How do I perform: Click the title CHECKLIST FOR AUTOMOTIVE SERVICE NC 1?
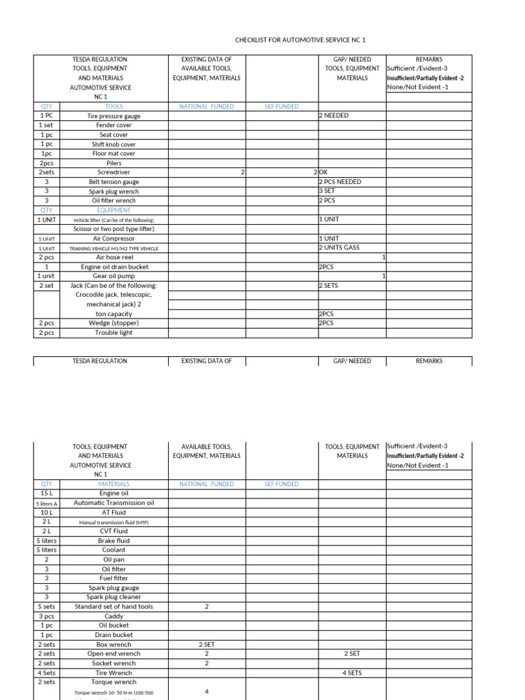pos(300,40)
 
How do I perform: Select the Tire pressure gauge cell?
pos(113,116)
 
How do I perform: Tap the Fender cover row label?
pos(113,126)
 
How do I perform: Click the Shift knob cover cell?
pos(113,145)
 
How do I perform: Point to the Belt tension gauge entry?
pos(113,183)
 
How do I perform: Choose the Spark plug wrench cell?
pos(113,192)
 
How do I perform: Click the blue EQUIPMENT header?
pos(113,211)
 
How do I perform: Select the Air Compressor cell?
pos(113,239)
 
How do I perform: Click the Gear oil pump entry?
pos(113,276)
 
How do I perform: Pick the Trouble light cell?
pos(113,333)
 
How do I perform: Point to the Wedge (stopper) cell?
pos(113,323)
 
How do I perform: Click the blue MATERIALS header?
pos(113,484)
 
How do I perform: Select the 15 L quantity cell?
pos(46,493)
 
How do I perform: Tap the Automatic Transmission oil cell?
pos(113,502)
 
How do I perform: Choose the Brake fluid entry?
pos(113,541)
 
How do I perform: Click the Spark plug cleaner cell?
pos(113,597)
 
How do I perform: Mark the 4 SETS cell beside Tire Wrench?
pos(352,673)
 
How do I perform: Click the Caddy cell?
pos(113,616)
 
